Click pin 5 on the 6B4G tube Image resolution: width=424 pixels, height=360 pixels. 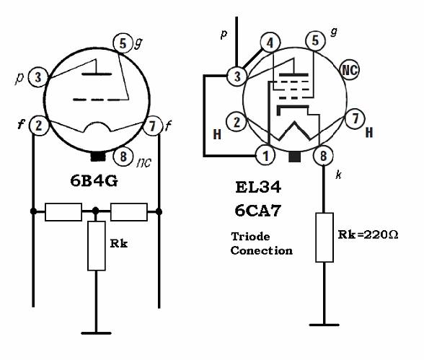point(123,43)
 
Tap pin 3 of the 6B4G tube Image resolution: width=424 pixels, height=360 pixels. point(38,77)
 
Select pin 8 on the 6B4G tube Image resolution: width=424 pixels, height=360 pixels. point(123,156)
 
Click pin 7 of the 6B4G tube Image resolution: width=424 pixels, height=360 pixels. point(152,126)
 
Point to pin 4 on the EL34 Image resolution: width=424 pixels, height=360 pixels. point(270,43)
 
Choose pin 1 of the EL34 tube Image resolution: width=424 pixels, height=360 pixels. point(265,155)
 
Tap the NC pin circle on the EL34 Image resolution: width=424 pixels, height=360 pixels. point(350,69)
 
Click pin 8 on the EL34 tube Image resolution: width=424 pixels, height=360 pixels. point(323,156)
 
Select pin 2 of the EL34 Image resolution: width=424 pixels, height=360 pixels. point(237,122)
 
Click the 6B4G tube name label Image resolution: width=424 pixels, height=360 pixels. point(94,181)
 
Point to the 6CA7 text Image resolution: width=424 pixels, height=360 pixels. point(257,211)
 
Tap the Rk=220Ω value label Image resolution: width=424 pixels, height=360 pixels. point(368,234)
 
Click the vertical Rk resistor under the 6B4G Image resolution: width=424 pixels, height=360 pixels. point(97,245)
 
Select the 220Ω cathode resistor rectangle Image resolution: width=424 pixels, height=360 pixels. point(324,237)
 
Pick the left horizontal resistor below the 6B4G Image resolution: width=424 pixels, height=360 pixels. point(63,212)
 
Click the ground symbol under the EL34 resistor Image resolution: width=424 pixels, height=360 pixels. point(324,325)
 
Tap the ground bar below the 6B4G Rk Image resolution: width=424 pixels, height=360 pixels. point(96,333)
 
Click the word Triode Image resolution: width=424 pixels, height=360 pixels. point(250,237)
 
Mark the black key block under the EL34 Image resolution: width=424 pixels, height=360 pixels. point(294,157)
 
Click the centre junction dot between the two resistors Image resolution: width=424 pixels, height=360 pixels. point(95,211)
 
